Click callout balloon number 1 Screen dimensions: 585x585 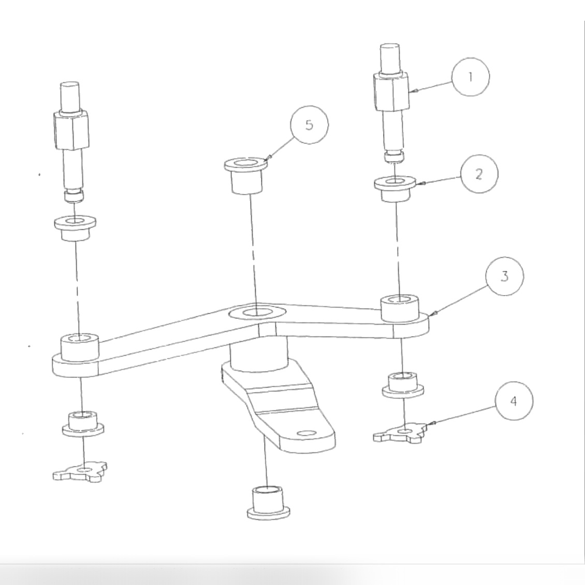coord(470,77)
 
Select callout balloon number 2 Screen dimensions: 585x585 coord(479,174)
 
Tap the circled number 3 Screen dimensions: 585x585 coord(504,276)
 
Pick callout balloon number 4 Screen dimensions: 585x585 coord(513,402)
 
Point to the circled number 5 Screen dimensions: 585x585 coord(309,125)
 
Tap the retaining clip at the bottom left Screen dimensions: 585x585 coord(81,471)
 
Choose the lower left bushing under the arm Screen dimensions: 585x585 coord(82,423)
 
